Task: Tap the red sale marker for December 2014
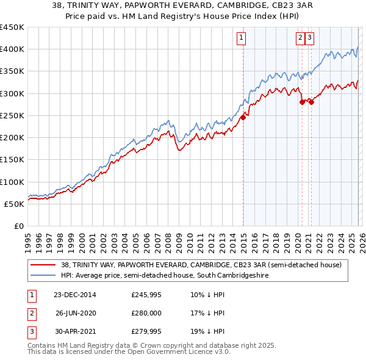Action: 243,118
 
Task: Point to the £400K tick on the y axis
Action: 12,49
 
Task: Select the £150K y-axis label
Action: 12,159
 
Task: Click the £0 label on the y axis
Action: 18,226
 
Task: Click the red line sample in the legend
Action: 43,265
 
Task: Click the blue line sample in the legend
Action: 43,276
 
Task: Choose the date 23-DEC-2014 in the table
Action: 74,295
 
